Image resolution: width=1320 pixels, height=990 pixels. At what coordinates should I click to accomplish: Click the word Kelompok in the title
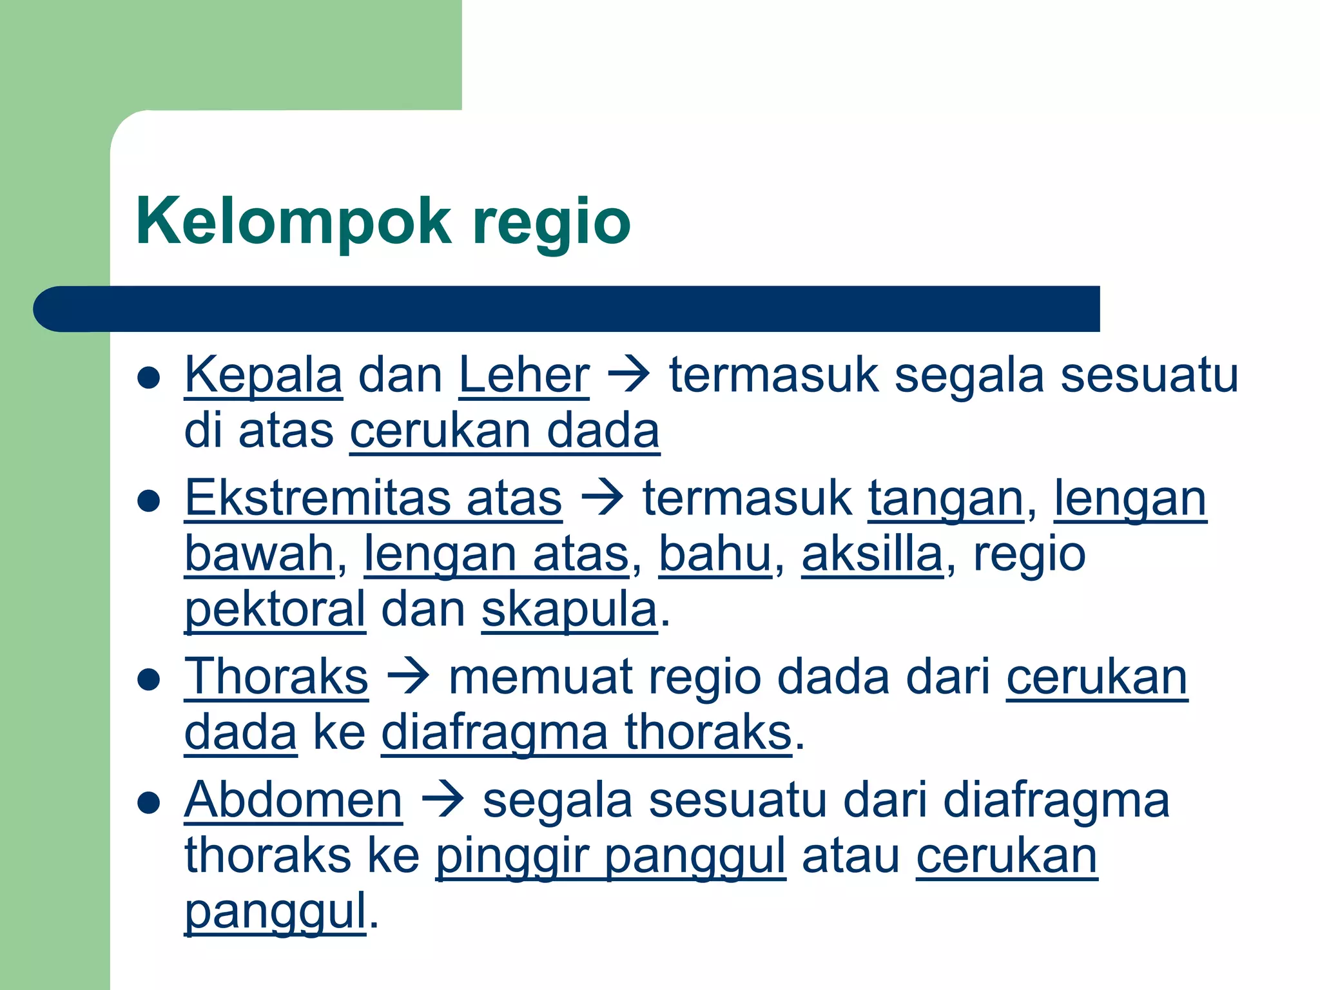click(293, 221)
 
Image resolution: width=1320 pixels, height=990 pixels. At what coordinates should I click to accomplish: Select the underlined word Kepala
click(263, 376)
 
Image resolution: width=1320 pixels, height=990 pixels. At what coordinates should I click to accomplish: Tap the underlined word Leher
click(523, 376)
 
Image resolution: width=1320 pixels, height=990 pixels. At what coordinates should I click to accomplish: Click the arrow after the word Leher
click(629, 376)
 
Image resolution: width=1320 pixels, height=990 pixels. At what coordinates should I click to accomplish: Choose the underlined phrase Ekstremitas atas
click(373, 498)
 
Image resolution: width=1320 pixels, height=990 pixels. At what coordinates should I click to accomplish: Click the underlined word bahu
click(715, 554)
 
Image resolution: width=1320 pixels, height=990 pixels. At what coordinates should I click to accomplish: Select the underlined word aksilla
click(872, 554)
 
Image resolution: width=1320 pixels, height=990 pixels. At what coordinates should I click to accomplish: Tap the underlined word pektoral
click(275, 610)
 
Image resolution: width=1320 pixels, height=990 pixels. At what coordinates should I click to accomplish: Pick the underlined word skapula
click(570, 610)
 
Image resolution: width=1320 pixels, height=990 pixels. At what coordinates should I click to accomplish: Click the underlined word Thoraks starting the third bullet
click(276, 677)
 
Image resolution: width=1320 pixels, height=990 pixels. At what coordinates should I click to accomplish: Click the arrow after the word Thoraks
click(408, 677)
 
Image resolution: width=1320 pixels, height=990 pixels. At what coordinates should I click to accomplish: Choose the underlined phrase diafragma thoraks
click(587, 733)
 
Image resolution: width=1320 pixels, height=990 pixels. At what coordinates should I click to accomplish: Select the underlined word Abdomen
click(293, 800)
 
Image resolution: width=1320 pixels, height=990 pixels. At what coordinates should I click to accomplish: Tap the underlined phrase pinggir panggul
click(610, 857)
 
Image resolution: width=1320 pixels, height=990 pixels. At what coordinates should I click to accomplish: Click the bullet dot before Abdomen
click(149, 802)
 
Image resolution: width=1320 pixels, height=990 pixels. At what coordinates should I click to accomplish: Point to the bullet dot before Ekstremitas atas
click(149, 501)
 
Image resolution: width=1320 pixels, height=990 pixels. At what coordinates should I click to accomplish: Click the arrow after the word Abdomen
click(443, 800)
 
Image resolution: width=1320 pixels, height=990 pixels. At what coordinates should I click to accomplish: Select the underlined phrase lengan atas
click(496, 554)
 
